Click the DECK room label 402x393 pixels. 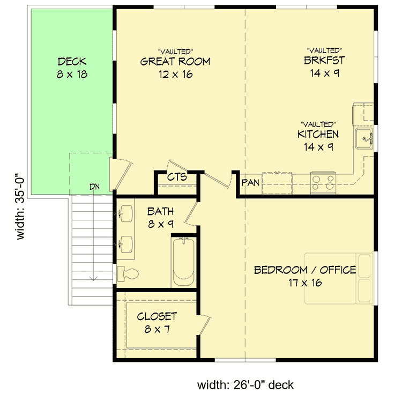click(x=72, y=62)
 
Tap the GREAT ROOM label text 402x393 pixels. click(x=175, y=62)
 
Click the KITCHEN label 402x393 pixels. click(x=318, y=134)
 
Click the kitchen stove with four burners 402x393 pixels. click(x=323, y=182)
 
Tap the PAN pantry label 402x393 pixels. click(x=250, y=183)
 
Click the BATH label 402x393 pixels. click(x=160, y=211)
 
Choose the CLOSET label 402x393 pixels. click(x=157, y=316)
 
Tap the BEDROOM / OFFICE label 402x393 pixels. click(x=305, y=270)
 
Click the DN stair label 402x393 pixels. click(x=95, y=187)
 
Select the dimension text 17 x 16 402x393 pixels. click(x=303, y=283)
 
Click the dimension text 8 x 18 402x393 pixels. click(x=72, y=75)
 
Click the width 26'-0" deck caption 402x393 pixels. click(x=245, y=384)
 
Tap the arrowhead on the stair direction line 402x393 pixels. click(x=94, y=277)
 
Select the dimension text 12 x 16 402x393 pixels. click(x=175, y=75)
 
